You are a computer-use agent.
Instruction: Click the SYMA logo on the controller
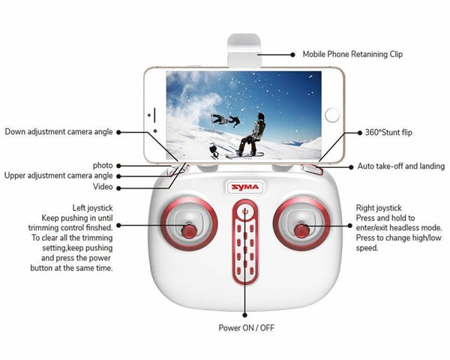coord(244,187)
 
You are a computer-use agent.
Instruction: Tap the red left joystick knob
coord(189,230)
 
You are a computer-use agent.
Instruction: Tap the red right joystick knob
coord(301,230)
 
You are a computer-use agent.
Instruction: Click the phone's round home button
coord(332,115)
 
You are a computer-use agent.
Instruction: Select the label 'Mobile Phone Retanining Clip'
coord(352,54)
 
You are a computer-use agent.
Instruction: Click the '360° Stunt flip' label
coord(388,132)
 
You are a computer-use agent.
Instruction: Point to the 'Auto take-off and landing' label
coord(401,166)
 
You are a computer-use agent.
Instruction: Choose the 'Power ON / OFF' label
coord(247,328)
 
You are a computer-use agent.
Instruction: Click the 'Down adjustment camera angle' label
coord(58,132)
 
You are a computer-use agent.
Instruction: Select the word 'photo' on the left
coord(103,166)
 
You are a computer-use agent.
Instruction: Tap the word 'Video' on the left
coord(103,187)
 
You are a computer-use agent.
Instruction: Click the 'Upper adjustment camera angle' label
coord(58,175)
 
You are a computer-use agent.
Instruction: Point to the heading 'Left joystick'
coord(92,208)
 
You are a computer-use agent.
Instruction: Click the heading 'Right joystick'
coord(379,208)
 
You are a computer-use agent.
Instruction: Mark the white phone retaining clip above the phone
coord(244,50)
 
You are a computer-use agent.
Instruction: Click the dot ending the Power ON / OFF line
coord(244,315)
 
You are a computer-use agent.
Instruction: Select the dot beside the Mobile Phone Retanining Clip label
coord(292,55)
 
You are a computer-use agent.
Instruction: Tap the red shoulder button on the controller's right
coord(312,169)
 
